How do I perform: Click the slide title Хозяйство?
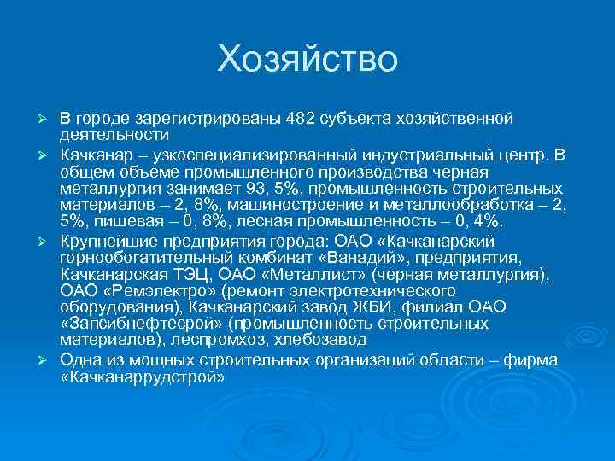point(307,60)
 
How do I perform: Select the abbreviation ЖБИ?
point(384,307)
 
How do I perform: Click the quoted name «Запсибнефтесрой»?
point(139,324)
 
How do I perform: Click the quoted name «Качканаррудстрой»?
point(142,376)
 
